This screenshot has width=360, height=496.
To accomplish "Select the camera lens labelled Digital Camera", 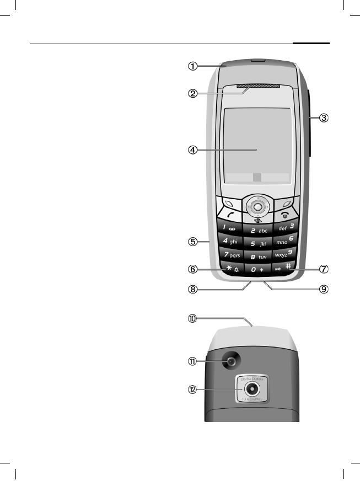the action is pos(254,390).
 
